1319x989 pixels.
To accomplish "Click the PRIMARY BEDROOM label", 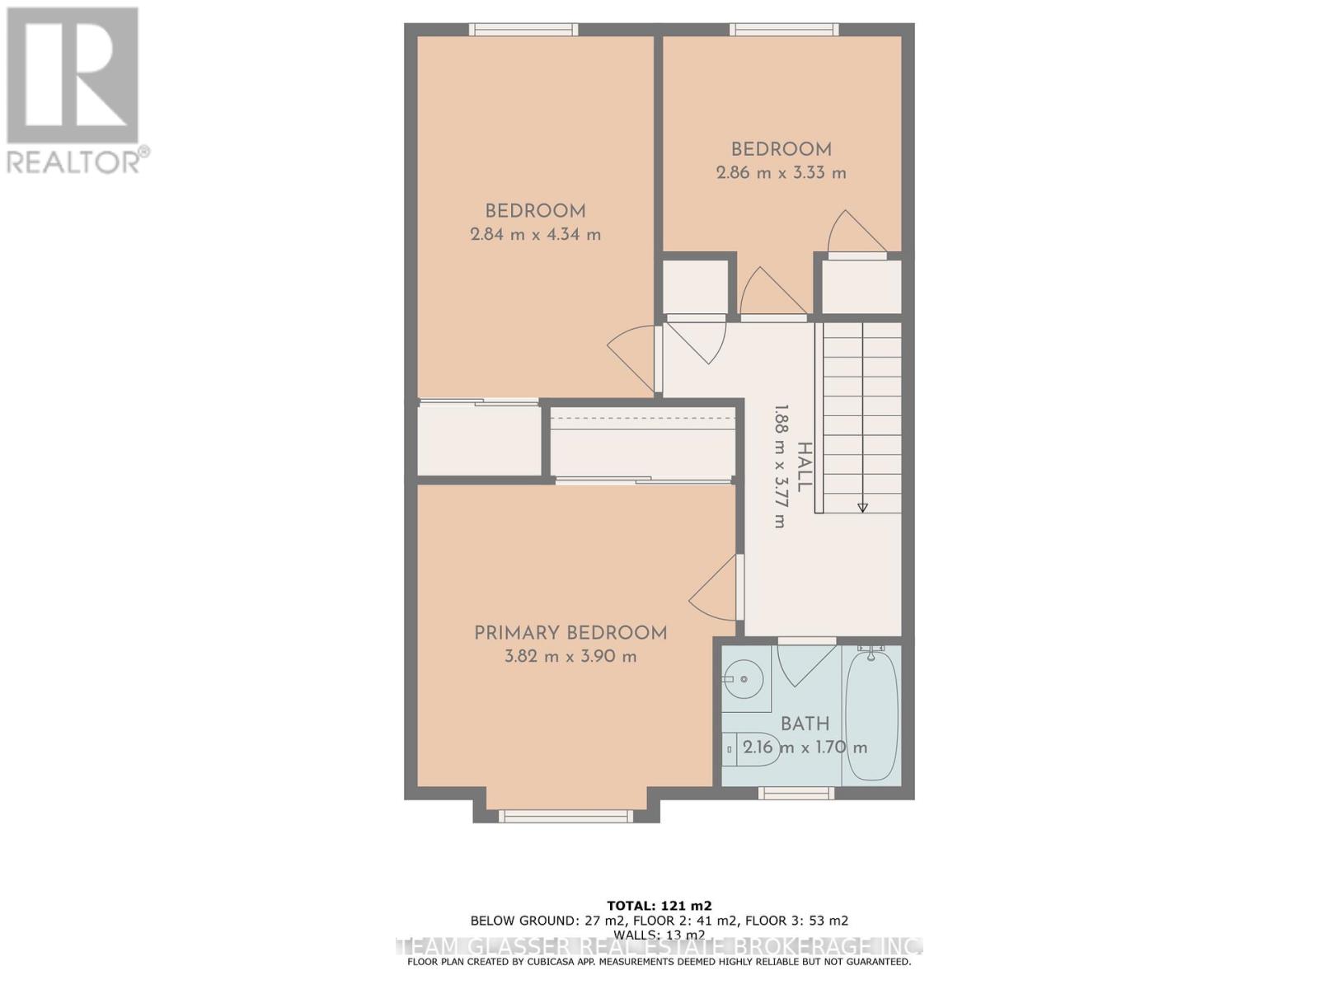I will (570, 633).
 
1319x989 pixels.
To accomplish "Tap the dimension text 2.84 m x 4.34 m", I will (535, 234).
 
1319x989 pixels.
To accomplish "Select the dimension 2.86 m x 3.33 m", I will (781, 173).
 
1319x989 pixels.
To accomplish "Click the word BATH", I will (805, 724).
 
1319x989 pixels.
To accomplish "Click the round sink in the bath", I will (744, 680).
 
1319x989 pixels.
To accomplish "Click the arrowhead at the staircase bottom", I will (862, 508).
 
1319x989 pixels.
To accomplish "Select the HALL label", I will (804, 467).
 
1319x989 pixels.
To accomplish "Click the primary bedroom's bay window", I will (566, 816).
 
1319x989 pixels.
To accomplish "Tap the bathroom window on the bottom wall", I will (796, 793).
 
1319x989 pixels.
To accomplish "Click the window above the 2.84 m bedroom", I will (523, 30).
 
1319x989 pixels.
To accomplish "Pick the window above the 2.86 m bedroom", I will (784, 30).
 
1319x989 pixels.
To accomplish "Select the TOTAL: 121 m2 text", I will (659, 904).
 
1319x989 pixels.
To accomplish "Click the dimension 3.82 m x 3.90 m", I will (570, 657).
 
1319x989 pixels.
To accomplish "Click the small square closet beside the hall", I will (697, 287).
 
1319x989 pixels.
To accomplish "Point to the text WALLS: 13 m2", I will (659, 935).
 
